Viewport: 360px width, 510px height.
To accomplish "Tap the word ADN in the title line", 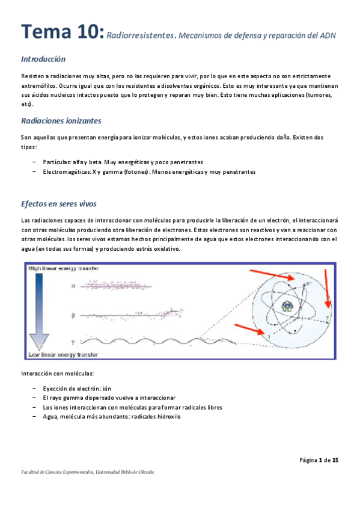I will pos(327,35).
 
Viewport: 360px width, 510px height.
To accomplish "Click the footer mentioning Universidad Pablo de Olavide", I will pos(88,473).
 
